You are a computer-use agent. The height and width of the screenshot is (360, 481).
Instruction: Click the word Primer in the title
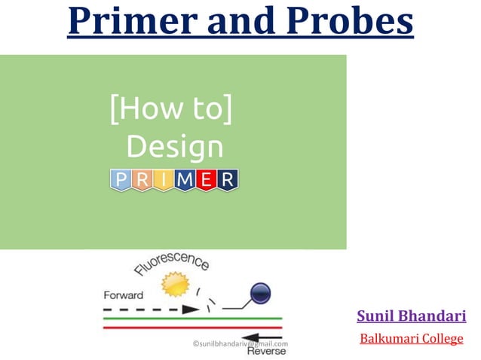pyautogui.click(x=133, y=22)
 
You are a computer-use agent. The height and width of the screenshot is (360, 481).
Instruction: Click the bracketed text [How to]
pyautogui.click(x=170, y=111)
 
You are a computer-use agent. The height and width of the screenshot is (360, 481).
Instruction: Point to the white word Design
pyautogui.click(x=174, y=146)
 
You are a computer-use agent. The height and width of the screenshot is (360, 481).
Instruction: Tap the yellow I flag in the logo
pyautogui.click(x=164, y=179)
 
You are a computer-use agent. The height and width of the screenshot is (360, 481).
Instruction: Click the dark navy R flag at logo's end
pyautogui.click(x=228, y=179)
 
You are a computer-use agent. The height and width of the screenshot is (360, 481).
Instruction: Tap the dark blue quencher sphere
pyautogui.click(x=260, y=294)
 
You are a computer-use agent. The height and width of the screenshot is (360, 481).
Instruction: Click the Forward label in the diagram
pyautogui.click(x=124, y=295)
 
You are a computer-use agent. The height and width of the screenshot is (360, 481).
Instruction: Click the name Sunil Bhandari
pyautogui.click(x=411, y=316)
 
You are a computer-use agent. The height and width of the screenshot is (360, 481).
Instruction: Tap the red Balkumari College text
pyautogui.click(x=411, y=339)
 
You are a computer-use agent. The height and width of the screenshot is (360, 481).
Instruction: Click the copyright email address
pyautogui.click(x=240, y=344)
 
